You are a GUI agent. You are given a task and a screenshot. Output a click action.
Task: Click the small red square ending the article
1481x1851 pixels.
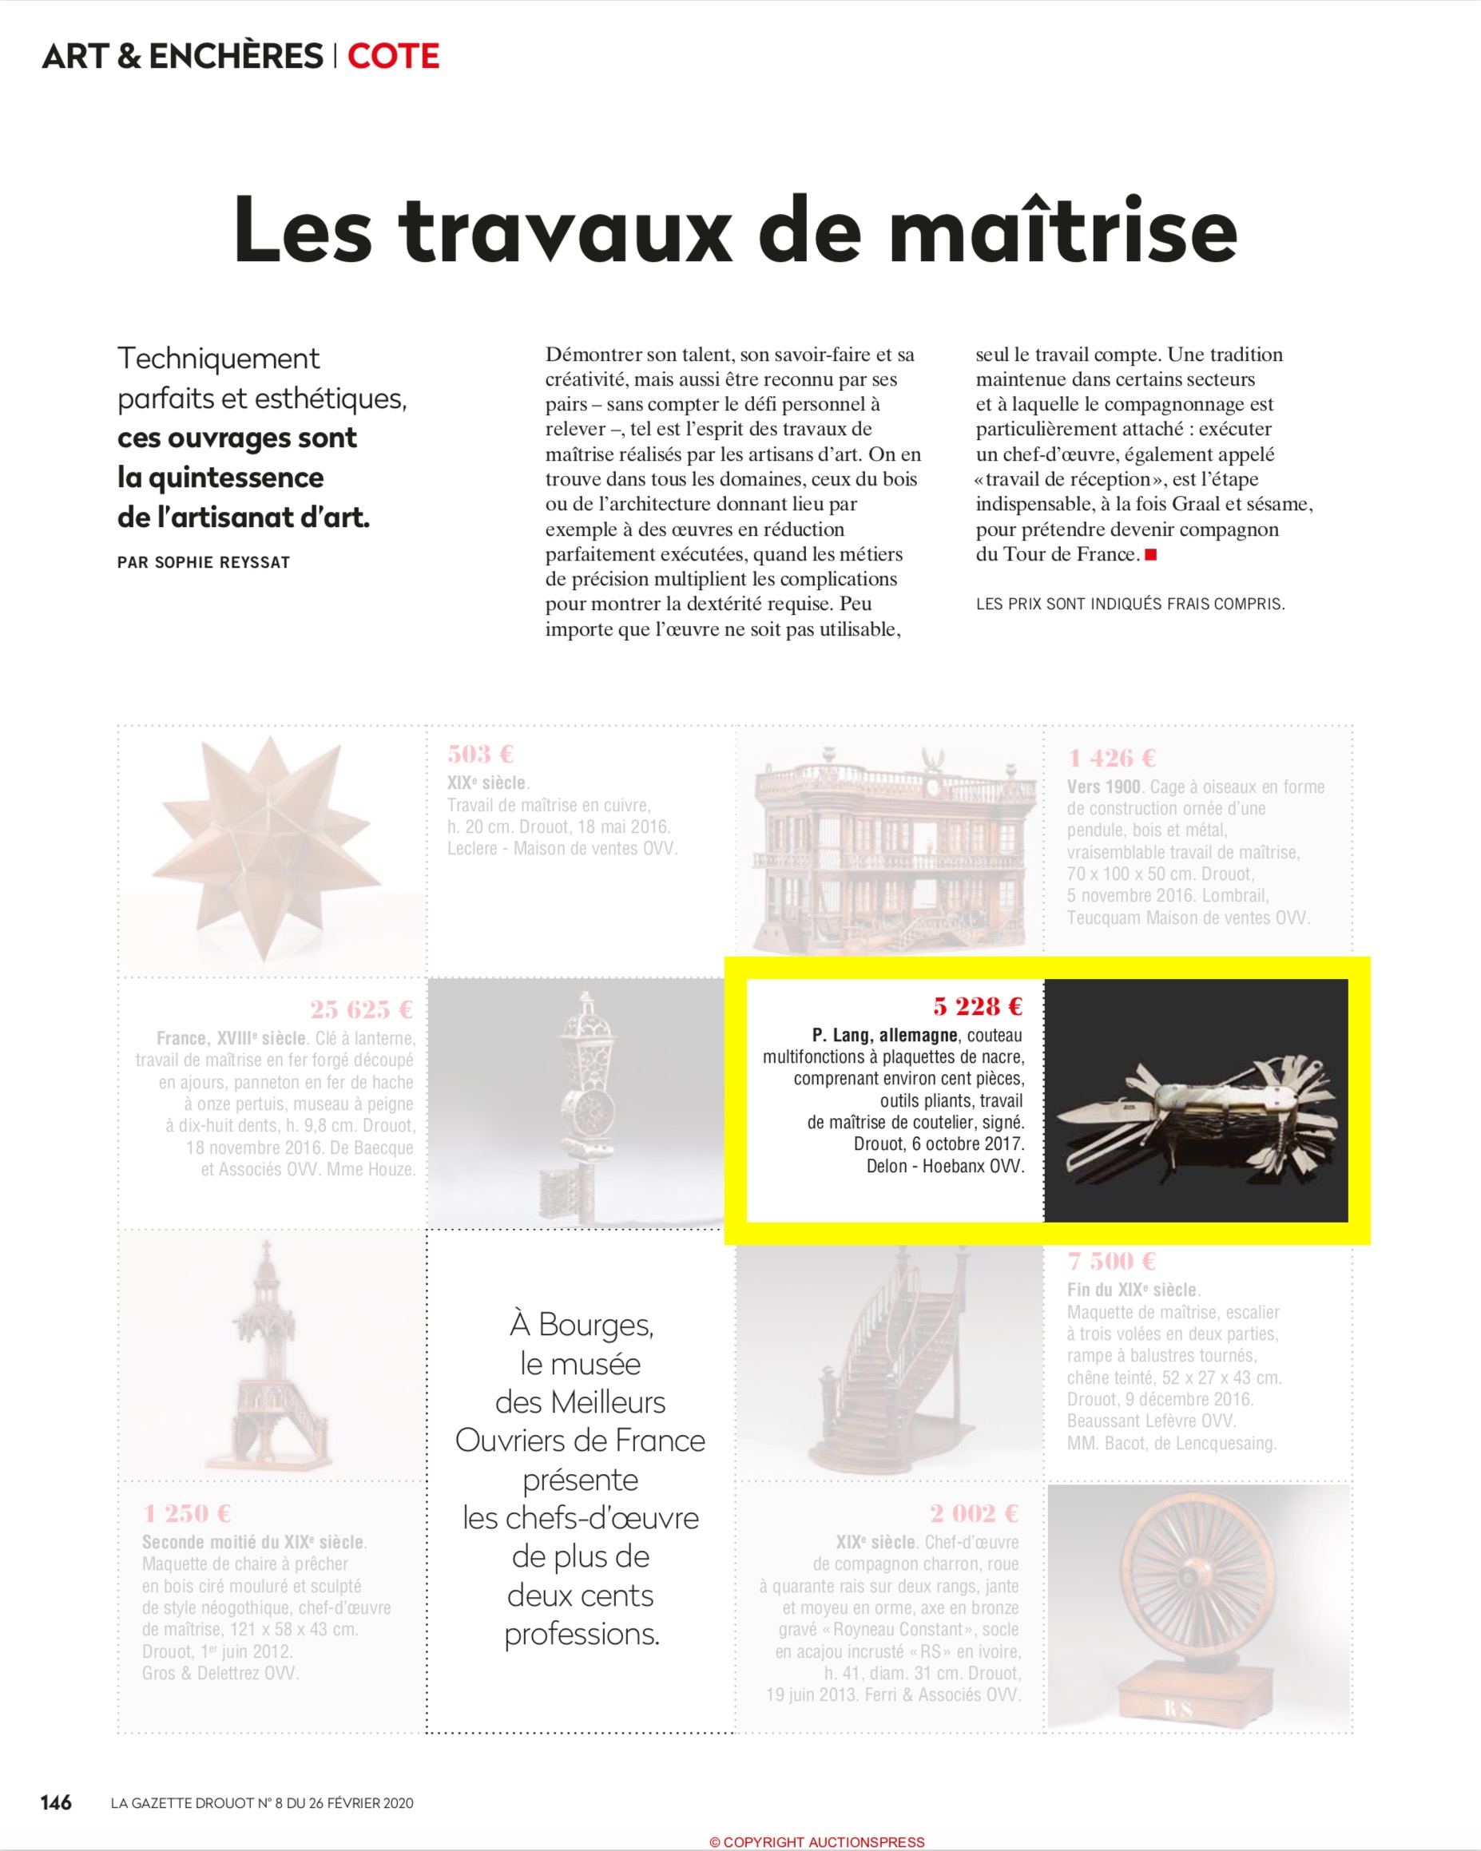(1151, 555)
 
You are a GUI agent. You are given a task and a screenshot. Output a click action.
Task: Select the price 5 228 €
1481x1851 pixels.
(978, 1006)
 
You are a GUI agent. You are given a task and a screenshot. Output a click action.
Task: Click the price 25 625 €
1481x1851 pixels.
(362, 1009)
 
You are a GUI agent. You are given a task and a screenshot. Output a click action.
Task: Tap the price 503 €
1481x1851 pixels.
(480, 755)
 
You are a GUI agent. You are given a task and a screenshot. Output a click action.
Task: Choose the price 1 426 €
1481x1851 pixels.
(1112, 758)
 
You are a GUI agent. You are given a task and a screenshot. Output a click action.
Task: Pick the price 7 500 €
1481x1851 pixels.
(1112, 1261)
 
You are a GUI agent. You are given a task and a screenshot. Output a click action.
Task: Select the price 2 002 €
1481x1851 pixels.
(975, 1513)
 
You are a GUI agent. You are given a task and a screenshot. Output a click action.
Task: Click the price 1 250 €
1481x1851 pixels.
(187, 1513)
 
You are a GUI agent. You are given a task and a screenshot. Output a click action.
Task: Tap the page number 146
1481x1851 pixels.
(56, 1803)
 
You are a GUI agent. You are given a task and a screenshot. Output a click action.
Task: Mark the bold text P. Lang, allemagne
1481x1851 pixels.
(885, 1036)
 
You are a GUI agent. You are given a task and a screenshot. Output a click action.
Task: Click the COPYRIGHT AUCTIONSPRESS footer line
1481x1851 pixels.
(816, 1841)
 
